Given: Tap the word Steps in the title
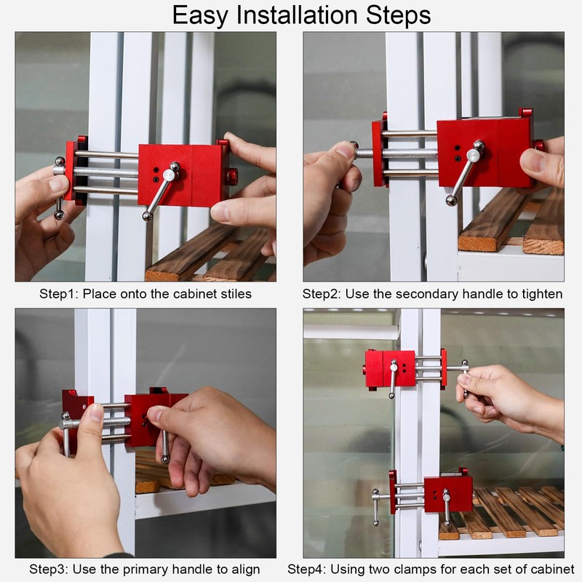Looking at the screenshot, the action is pos(399,16).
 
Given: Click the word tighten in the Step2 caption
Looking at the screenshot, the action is pos(542,294).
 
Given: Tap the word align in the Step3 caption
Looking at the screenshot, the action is pos(244,570).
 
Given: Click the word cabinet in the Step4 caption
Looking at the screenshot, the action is pos(553,569).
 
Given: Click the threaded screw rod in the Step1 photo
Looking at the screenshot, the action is pos(105,172).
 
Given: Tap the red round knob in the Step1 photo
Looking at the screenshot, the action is pos(232,176).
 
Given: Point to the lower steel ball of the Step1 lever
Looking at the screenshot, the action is pos(148,216).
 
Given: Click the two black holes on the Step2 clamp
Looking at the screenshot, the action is pos(458,154).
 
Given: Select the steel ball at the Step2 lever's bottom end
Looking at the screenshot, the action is pos(452,201).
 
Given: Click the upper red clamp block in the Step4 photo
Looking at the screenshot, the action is pos(390,369).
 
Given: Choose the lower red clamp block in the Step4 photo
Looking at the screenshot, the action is pos(448,495).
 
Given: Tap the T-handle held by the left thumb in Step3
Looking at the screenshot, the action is pos(67,432).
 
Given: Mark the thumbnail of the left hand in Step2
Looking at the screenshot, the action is pos(345,149).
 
